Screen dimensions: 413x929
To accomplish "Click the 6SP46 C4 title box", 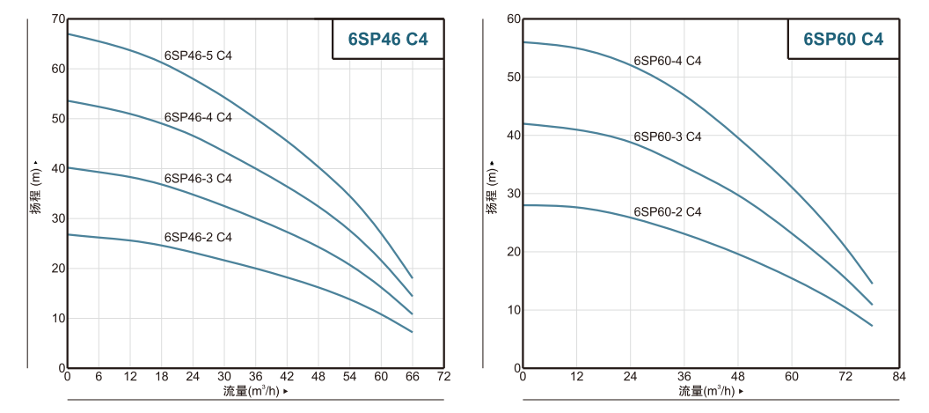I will (x=388, y=39).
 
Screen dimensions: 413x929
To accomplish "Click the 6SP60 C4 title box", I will (x=843, y=39).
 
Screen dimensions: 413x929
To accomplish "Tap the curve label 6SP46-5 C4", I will (x=198, y=56).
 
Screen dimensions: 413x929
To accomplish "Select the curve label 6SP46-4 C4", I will (x=198, y=117).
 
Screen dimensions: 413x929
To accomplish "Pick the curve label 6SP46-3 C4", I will (x=198, y=178).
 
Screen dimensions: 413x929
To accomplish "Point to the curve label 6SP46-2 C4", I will (x=198, y=237).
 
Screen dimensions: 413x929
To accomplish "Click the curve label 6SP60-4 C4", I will (x=668, y=61).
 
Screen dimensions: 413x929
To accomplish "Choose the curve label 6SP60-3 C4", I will (x=668, y=136).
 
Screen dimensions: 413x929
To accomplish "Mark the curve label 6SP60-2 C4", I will (x=668, y=212).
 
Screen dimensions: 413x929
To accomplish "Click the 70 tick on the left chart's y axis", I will (x=58, y=18).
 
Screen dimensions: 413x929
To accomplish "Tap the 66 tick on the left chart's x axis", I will (x=412, y=377).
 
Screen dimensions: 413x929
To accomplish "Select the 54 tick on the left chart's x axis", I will (x=349, y=377).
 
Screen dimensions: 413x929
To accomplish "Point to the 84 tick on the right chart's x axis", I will (x=898, y=377).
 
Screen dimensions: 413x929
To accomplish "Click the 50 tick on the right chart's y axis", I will (x=514, y=77).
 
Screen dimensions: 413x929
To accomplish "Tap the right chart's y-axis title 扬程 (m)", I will (x=492, y=188).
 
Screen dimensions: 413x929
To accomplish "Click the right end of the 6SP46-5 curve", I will (x=412, y=277).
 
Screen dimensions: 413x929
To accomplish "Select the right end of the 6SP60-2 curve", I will (x=872, y=326).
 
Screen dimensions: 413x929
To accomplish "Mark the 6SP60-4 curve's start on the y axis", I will (x=524, y=42).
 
